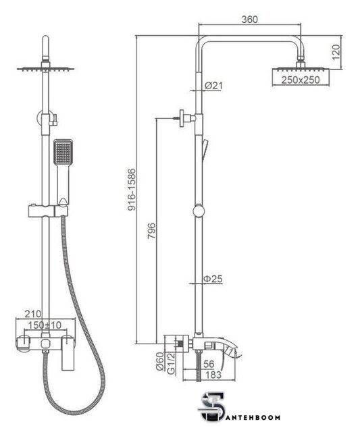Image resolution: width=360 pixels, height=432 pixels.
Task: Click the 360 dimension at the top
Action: coord(250,20)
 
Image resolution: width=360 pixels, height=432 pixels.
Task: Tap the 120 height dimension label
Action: coord(336,52)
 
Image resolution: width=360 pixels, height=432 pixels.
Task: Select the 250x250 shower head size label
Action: coord(301,80)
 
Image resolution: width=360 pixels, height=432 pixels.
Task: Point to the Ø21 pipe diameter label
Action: coord(213,86)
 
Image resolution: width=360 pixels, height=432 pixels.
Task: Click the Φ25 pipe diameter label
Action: coord(213,279)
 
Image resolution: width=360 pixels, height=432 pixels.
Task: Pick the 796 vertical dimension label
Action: coord(151,231)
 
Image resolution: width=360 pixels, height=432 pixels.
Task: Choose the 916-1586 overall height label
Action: coord(132,190)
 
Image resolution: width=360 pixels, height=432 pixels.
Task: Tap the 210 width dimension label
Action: coord(33,313)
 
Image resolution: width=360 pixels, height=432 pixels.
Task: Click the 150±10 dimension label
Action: coord(45,325)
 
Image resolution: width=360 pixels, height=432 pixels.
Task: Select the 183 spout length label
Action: coord(213,375)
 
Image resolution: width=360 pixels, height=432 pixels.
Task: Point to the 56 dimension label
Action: coord(209,364)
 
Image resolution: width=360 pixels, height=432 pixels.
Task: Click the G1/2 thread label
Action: coord(171,363)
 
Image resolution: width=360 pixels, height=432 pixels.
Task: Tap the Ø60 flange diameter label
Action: coord(160,362)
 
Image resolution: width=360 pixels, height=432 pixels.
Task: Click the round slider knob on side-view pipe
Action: coord(199,211)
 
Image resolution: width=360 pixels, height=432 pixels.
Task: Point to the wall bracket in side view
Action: coord(184,118)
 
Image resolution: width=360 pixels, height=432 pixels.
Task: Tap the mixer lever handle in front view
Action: coord(68,353)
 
